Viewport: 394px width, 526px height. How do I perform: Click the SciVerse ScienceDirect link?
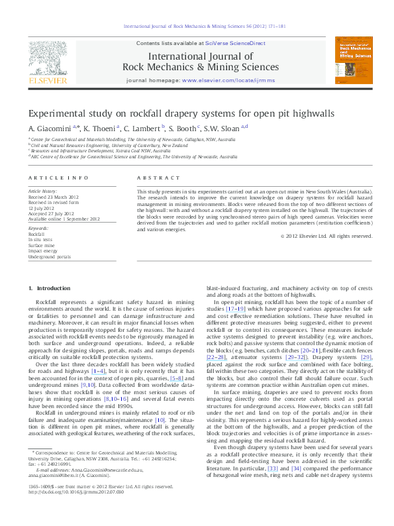click(x=235, y=42)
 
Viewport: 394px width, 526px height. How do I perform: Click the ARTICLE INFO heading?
click(x=58, y=178)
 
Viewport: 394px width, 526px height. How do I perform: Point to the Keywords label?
click(x=40, y=229)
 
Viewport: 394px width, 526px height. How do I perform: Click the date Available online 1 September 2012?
click(x=64, y=219)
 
